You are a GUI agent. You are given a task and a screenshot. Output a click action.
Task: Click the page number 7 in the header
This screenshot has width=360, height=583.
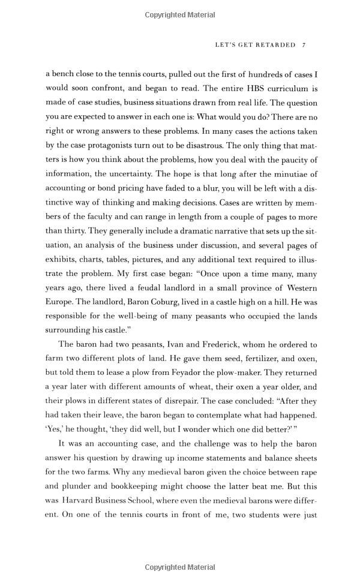pos(305,45)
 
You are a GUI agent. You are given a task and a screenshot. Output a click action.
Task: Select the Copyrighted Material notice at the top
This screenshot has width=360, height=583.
pos(180,15)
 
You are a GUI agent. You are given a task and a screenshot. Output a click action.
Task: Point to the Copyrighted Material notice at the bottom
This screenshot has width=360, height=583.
pos(180,567)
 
